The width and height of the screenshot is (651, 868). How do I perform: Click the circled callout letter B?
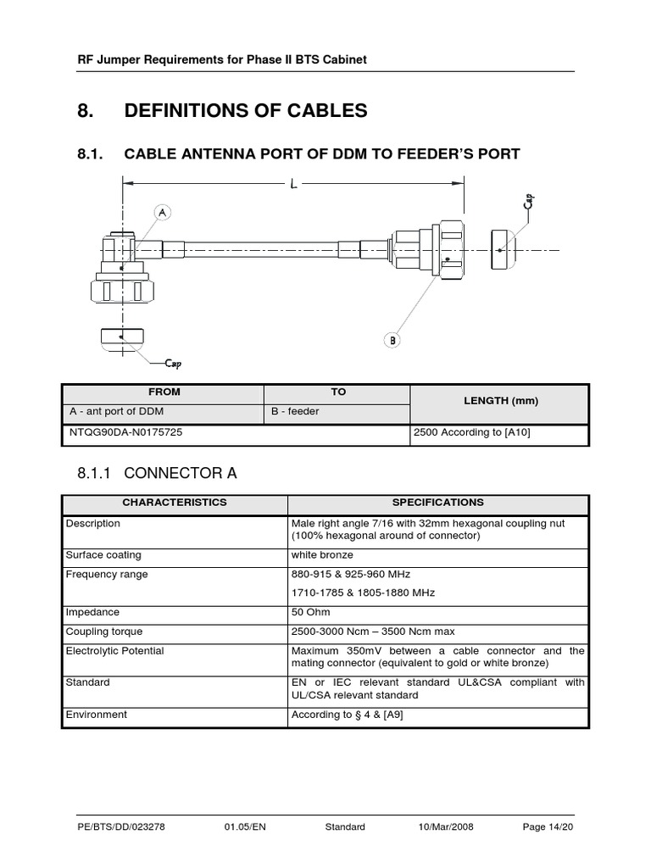(392, 340)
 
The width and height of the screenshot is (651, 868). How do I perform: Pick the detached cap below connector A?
(122, 337)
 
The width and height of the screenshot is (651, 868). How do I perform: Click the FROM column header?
(164, 392)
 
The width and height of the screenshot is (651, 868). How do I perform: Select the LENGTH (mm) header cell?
(500, 401)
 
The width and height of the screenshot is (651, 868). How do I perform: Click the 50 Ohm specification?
(310, 612)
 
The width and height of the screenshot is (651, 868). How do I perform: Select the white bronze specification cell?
(322, 555)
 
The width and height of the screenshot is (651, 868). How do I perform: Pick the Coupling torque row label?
(104, 632)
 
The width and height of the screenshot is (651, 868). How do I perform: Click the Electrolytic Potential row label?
(115, 651)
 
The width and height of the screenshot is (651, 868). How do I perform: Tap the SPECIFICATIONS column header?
(437, 502)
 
